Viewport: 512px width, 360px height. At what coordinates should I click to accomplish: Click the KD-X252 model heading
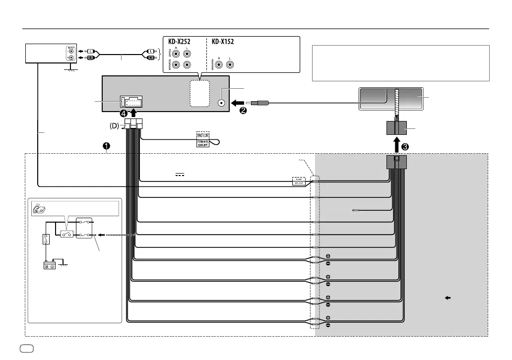pos(180,42)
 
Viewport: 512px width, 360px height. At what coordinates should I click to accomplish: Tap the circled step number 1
pos(105,146)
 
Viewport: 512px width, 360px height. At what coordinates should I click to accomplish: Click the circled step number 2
pos(244,110)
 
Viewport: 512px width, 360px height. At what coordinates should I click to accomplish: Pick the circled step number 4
pos(124,114)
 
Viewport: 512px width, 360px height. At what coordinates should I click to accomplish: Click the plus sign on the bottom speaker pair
pos(328,317)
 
